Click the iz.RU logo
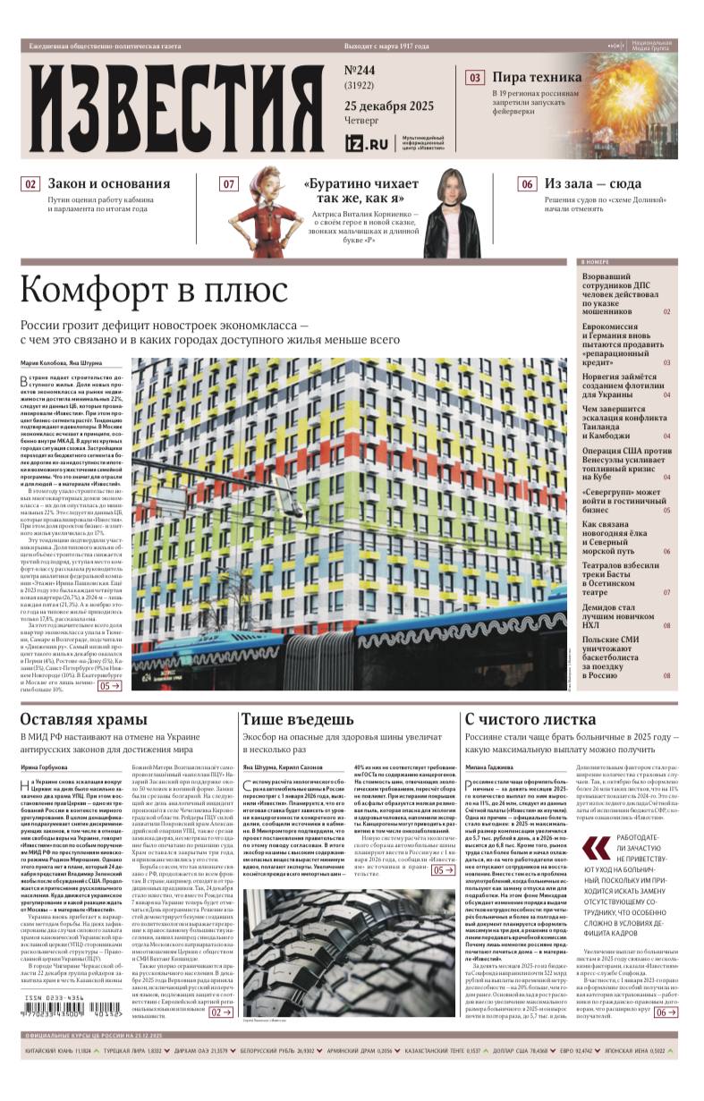click(x=367, y=142)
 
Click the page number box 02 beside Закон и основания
click(x=31, y=184)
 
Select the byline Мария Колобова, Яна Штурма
click(x=61, y=363)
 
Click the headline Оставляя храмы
click(x=83, y=719)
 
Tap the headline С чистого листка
click(x=530, y=719)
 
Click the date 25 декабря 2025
click(x=389, y=106)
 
